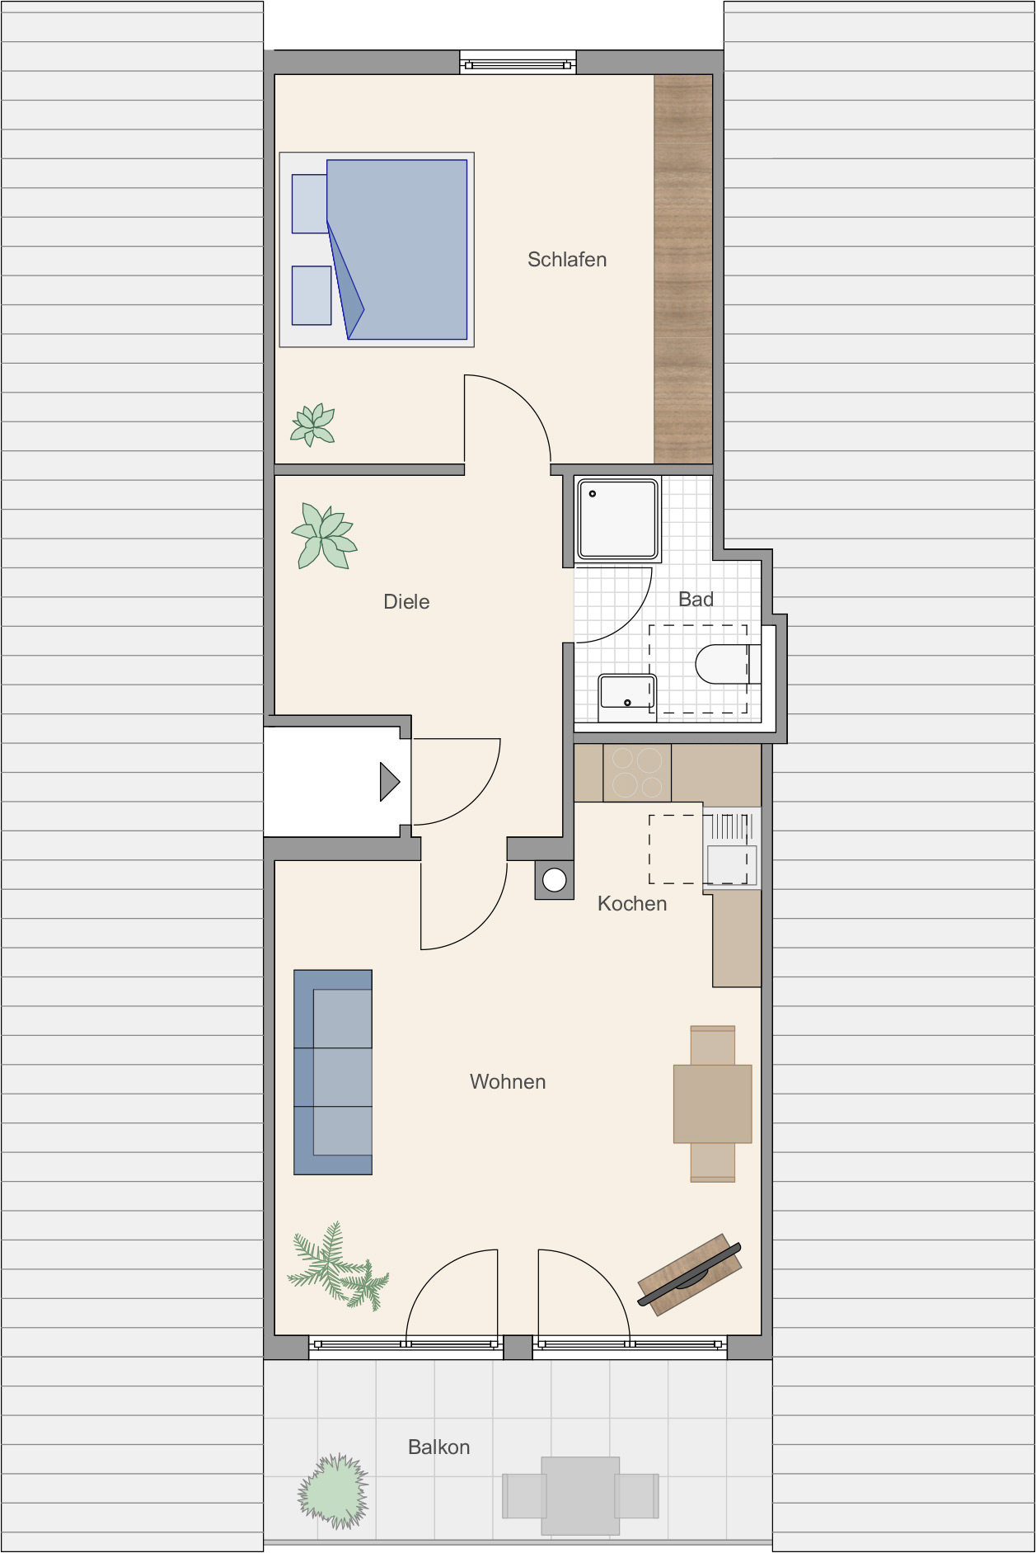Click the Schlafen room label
[x=567, y=260]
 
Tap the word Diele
[x=406, y=602]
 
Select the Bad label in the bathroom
[x=696, y=600]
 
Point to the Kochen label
[x=632, y=904]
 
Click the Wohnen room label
[x=508, y=1082]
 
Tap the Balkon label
[x=439, y=1447]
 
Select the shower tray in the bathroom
[x=618, y=520]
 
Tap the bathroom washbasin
[x=627, y=697]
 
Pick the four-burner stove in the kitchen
[x=637, y=773]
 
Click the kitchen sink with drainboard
[x=731, y=848]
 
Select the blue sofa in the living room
[x=333, y=1072]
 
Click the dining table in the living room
[x=713, y=1104]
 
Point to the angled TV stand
[x=690, y=1275]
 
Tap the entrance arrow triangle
[x=389, y=782]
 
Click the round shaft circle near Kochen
[x=555, y=880]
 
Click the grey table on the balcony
[x=580, y=1495]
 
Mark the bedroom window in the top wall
[x=518, y=64]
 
